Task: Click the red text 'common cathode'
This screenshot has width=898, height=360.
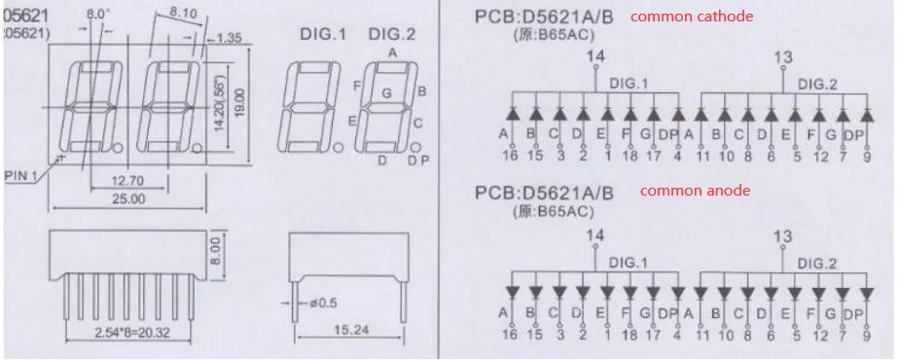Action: (x=692, y=17)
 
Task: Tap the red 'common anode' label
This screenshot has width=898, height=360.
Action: (x=695, y=191)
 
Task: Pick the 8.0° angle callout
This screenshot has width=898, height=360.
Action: (x=98, y=15)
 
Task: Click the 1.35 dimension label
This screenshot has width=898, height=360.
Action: (x=230, y=38)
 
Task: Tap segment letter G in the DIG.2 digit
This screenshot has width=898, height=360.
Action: (x=386, y=93)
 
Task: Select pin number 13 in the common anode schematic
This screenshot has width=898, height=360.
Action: (x=782, y=234)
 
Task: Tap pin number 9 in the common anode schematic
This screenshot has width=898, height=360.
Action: (x=865, y=335)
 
